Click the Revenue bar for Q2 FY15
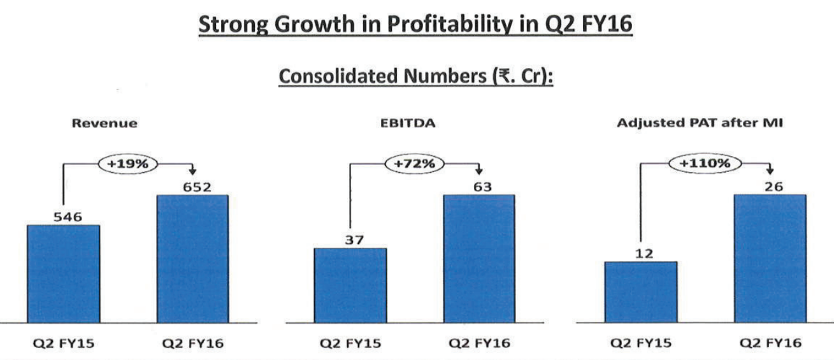[x=63, y=274]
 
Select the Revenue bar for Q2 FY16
[x=192, y=259]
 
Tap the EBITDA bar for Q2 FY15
[x=350, y=285]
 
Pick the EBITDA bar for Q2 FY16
[x=478, y=259]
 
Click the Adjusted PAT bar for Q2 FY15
[x=641, y=292]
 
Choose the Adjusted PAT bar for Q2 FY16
[x=770, y=259]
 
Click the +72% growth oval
[x=414, y=163]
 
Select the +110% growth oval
[x=705, y=163]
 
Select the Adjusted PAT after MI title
[x=699, y=124]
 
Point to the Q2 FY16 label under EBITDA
[x=479, y=343]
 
